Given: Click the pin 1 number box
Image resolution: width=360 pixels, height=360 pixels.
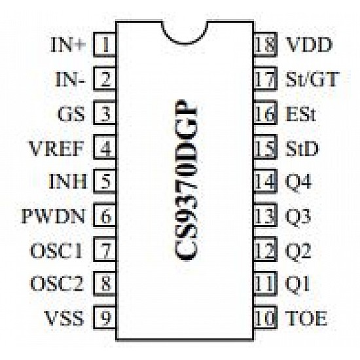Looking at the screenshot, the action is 105,45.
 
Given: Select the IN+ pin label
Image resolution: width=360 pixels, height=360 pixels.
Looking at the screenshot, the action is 68,45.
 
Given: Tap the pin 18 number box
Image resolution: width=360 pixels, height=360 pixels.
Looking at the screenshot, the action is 265,45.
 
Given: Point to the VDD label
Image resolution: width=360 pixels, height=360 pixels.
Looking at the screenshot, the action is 309,45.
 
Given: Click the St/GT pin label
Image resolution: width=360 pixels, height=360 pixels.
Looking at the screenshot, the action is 312,79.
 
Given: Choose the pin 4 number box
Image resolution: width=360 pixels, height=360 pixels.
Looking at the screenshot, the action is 105,147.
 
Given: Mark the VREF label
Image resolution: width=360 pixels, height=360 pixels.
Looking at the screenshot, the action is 56,148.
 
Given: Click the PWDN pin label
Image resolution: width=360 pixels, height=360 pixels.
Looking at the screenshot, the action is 53,216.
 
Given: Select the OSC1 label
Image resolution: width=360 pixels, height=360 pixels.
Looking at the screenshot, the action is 56,250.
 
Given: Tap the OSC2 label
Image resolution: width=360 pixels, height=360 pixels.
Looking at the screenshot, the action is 56,284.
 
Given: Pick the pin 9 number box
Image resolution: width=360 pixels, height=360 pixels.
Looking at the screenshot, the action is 105,317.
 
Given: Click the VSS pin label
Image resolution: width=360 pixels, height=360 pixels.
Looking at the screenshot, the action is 64,318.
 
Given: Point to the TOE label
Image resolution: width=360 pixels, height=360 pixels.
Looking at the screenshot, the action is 306,318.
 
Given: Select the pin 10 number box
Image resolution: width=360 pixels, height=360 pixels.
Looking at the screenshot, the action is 265,317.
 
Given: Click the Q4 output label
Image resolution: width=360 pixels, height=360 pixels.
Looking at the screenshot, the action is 298,181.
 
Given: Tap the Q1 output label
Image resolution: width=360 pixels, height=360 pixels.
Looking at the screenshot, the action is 297,284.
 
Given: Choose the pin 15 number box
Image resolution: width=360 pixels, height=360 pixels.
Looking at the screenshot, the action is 265,147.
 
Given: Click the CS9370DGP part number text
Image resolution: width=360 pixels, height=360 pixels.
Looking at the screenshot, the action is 186,180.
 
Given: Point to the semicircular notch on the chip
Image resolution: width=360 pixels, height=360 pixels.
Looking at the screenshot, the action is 185,43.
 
